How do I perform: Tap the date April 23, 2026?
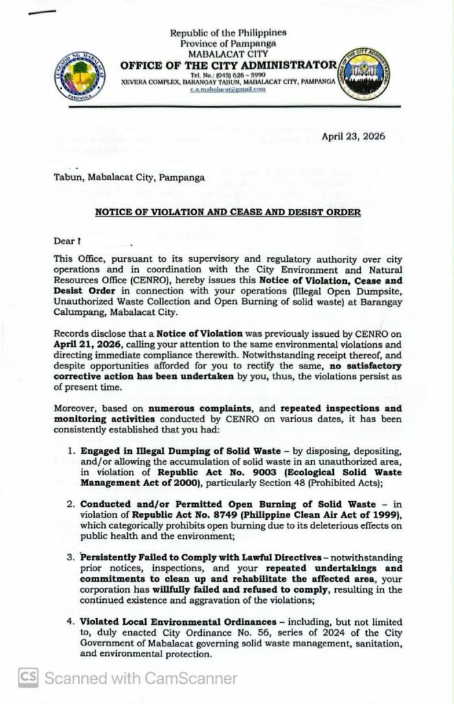[354, 136]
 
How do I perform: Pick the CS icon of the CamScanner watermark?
[28, 677]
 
